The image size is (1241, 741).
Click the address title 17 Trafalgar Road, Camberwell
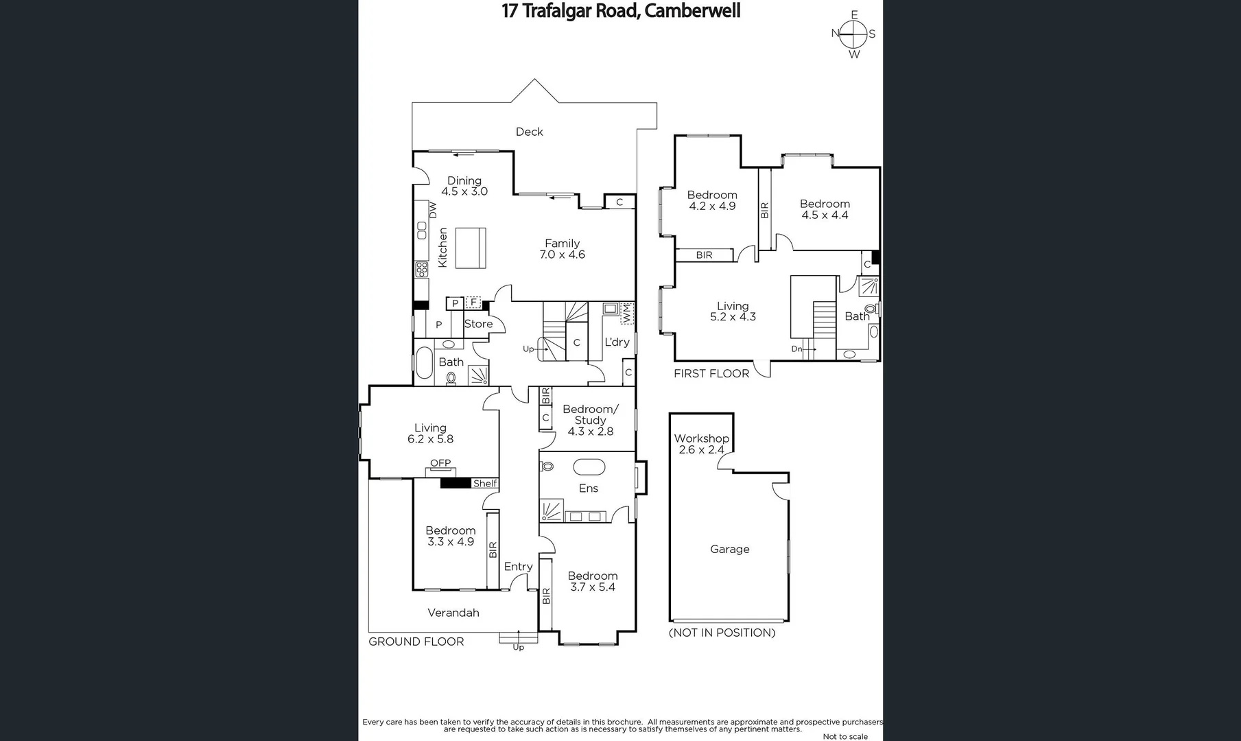[621, 12]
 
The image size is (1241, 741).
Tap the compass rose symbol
[853, 34]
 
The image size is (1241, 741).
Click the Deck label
[529, 132]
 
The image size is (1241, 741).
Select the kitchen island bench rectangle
[471, 248]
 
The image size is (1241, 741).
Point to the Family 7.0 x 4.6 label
[562, 248]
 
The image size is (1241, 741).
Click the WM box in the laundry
[626, 313]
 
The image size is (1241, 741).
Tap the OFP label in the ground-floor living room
[440, 463]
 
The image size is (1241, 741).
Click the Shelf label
[484, 484]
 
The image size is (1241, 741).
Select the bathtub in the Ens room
[589, 467]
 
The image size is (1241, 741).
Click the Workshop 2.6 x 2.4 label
[701, 444]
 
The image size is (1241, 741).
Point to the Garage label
[729, 549]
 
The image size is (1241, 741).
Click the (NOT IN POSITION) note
[722, 633]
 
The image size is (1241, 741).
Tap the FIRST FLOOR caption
[711, 374]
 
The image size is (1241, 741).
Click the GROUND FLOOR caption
[416, 642]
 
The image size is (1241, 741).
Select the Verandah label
[453, 613]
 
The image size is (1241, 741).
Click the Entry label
[518, 567]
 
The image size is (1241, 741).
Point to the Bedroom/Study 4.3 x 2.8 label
[590, 420]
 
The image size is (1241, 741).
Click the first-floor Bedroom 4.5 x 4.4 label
[825, 209]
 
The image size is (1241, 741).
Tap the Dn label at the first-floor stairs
[796, 349]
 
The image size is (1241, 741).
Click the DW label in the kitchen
[433, 210]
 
